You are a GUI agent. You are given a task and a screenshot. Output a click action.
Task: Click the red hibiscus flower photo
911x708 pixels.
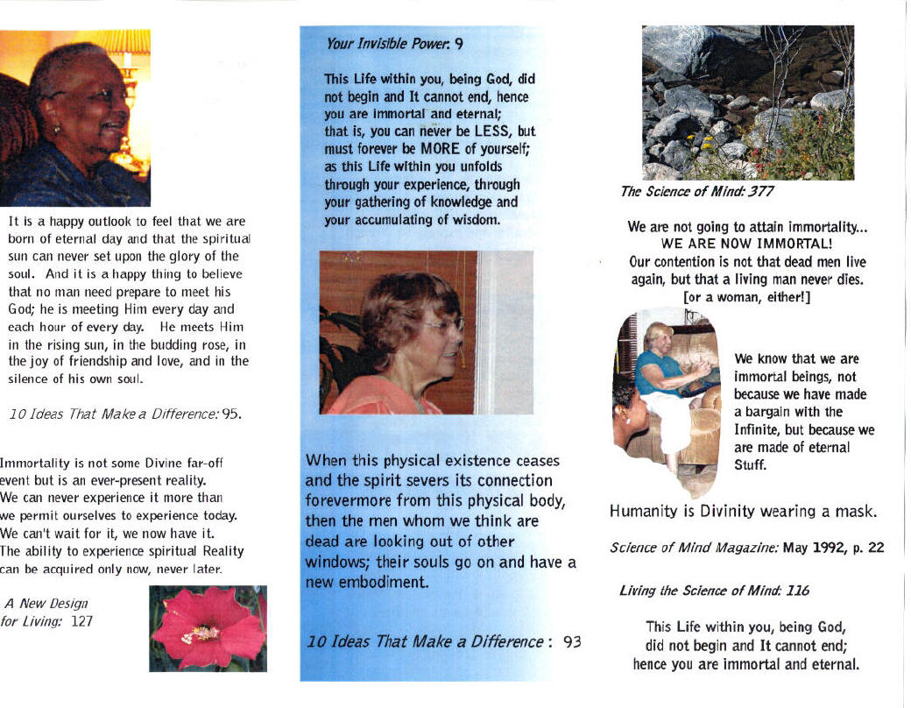point(208,628)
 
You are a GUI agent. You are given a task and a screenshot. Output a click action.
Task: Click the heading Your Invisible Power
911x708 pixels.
point(388,41)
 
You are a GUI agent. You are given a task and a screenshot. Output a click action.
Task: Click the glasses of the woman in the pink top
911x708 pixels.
point(441,325)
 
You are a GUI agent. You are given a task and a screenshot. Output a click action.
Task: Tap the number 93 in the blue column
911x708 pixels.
point(572,641)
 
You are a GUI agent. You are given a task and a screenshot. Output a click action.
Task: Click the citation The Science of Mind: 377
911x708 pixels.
point(697,191)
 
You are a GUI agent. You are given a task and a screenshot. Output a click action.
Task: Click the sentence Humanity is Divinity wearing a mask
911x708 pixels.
point(744,511)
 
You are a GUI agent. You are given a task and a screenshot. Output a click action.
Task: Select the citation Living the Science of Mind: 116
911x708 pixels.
point(714,591)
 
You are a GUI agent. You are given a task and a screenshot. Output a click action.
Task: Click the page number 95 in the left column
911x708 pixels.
point(230,414)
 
